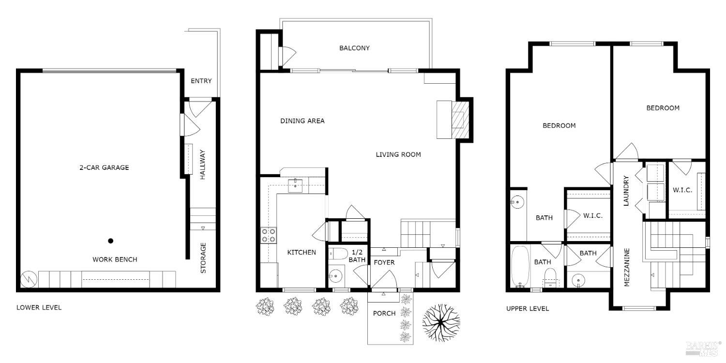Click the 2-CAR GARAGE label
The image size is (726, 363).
[104, 167]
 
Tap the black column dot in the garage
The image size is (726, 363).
[111, 241]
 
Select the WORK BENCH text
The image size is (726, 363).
[115, 259]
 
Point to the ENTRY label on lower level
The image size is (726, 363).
[201, 81]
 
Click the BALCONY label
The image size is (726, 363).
[354, 48]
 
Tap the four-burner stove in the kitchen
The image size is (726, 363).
[269, 235]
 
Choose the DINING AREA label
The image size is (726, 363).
[302, 121]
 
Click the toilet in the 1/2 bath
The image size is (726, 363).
[338, 254]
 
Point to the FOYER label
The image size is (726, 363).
[384, 262]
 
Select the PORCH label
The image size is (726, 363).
[384, 313]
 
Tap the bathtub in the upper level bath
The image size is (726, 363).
[520, 266]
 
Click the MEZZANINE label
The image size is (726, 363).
[627, 268]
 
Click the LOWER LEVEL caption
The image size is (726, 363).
[39, 307]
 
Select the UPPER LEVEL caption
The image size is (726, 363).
[528, 308]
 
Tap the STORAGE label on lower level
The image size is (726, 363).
[203, 257]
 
